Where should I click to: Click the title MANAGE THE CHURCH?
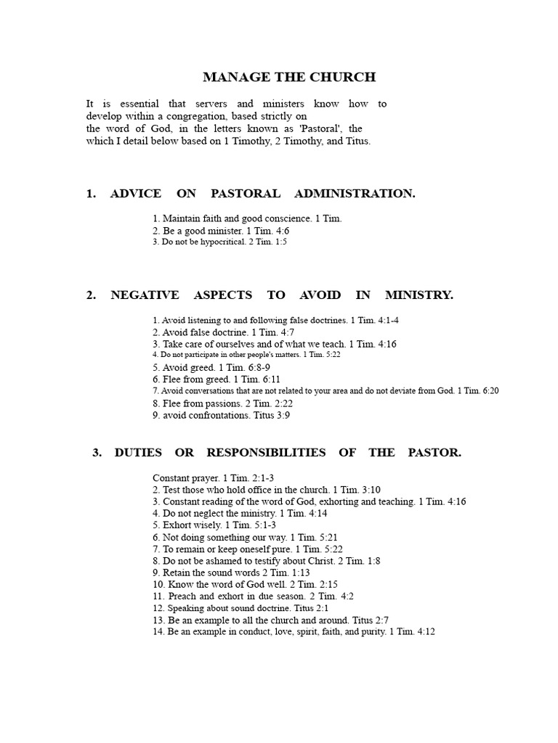(289, 77)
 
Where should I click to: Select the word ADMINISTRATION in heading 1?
(355, 193)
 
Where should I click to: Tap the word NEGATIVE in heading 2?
(145, 295)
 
